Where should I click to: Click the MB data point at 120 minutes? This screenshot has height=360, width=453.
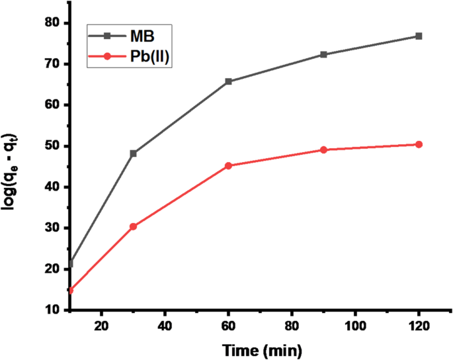[419, 36]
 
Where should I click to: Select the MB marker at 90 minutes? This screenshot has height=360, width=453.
[323, 54]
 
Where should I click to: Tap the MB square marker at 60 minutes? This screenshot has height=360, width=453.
[228, 81]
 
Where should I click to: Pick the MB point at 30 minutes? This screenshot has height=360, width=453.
[133, 153]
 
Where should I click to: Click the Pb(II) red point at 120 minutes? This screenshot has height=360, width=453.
[419, 144]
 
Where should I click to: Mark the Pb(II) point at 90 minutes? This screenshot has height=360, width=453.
[323, 150]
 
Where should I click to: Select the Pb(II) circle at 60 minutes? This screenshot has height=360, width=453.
[228, 165]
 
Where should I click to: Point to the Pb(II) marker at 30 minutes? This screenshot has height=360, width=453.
[133, 226]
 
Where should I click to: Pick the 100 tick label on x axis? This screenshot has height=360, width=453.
[355, 326]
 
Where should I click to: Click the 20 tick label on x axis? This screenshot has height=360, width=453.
[101, 326]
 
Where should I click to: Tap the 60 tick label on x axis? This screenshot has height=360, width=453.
[228, 326]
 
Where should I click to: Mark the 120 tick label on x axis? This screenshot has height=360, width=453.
[419, 326]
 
